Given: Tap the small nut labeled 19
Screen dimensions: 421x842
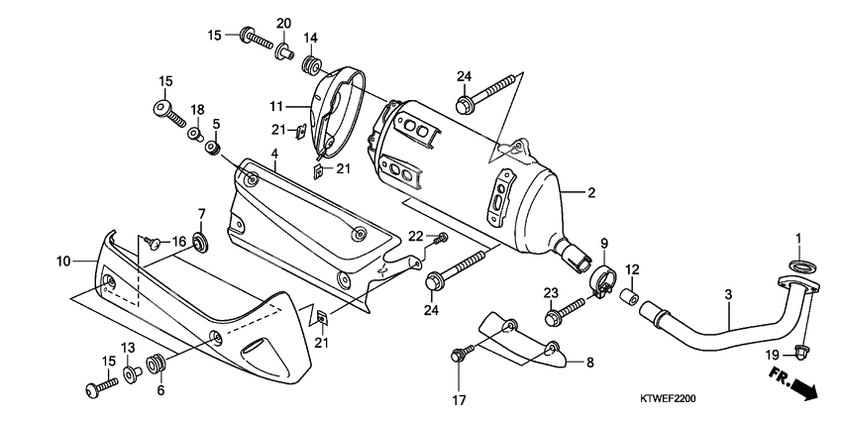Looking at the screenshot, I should coord(803,349).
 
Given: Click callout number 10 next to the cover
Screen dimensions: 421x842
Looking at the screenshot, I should coord(64,262).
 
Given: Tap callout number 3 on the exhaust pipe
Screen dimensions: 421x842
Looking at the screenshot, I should coord(727,296).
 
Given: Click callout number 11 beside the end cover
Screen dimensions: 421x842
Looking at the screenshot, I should coord(276,105).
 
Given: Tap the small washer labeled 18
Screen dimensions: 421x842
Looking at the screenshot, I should coord(196,132).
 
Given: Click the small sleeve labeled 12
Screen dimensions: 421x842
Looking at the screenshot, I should coord(628,295).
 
